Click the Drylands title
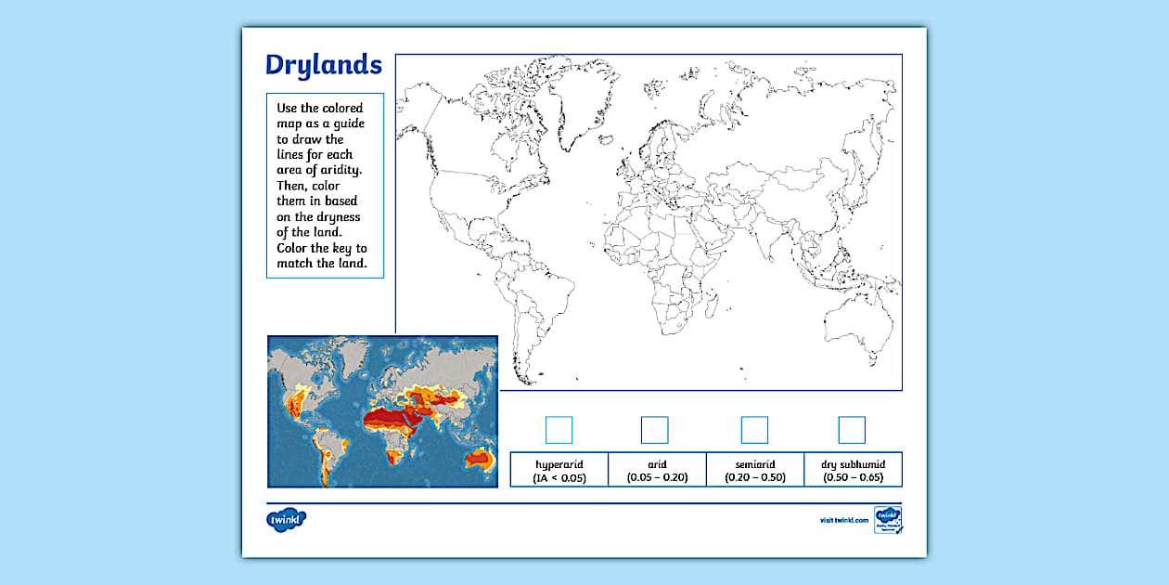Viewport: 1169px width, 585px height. click(323, 65)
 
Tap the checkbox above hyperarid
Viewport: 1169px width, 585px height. click(559, 430)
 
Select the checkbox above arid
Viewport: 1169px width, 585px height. click(654, 430)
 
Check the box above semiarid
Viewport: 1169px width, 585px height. click(754, 430)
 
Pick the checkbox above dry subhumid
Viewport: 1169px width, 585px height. click(852, 430)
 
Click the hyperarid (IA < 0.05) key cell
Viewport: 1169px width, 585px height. click(559, 470)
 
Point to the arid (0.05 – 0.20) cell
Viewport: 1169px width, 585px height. click(658, 470)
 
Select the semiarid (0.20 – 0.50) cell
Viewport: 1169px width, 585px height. click(756, 470)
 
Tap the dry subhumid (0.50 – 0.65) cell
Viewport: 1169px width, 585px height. click(853, 470)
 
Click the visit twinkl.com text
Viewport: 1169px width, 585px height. click(843, 521)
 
